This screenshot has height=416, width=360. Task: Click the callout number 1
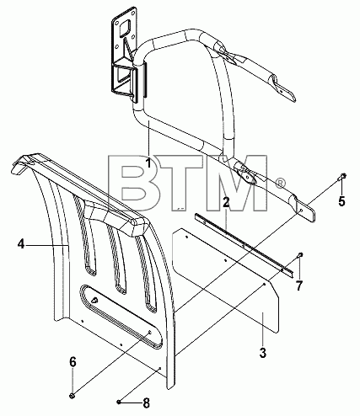pyautogui.click(x=148, y=163)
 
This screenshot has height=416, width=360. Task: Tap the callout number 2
pyautogui.click(x=226, y=202)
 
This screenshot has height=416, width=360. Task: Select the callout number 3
pyautogui.click(x=263, y=353)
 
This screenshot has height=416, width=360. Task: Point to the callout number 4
pyautogui.click(x=21, y=244)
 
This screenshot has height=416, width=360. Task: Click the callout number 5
pyautogui.click(x=341, y=201)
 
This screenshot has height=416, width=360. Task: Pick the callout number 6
pyautogui.click(x=73, y=362)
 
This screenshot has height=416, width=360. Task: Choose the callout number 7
pyautogui.click(x=298, y=286)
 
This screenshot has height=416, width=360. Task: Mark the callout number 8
pyautogui.click(x=146, y=403)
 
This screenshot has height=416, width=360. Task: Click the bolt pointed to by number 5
pyautogui.click(x=342, y=177)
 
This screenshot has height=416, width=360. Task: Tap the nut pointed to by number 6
pyautogui.click(x=72, y=396)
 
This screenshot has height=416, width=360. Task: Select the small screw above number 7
pyautogui.click(x=300, y=255)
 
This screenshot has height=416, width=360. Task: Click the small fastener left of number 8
pyautogui.click(x=119, y=403)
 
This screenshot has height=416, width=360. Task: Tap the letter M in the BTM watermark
pyautogui.click(x=238, y=183)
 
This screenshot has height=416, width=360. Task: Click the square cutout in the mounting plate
pyautogui.click(x=125, y=29)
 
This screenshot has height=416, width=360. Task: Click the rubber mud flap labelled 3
pyautogui.click(x=226, y=281)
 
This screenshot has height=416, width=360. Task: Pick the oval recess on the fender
pyautogui.click(x=121, y=317)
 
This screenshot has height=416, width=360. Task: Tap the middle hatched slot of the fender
pyautogui.click(x=117, y=255)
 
